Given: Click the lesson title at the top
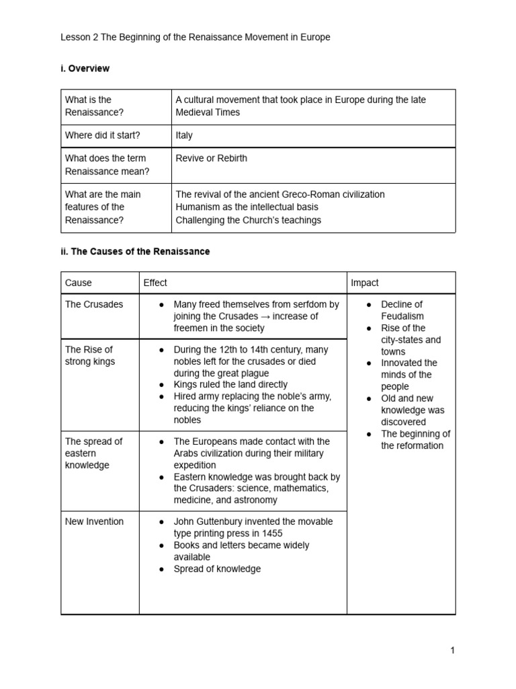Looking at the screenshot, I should click(196, 38).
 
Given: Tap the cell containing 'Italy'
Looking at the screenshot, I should click(184, 135).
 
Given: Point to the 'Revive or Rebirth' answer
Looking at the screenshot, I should click(211, 158).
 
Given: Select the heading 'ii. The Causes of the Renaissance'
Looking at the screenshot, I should click(135, 251).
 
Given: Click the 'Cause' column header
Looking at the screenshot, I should click(79, 283).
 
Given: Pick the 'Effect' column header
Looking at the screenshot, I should click(155, 283).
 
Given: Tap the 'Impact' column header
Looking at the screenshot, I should click(365, 283).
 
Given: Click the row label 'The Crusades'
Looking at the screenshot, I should click(94, 304).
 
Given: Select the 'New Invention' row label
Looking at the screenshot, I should click(94, 521).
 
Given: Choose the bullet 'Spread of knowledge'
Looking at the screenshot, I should click(217, 569).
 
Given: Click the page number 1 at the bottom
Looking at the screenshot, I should click(453, 650).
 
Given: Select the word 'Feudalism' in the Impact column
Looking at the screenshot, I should click(402, 316).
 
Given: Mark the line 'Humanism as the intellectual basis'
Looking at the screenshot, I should click(247, 207).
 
